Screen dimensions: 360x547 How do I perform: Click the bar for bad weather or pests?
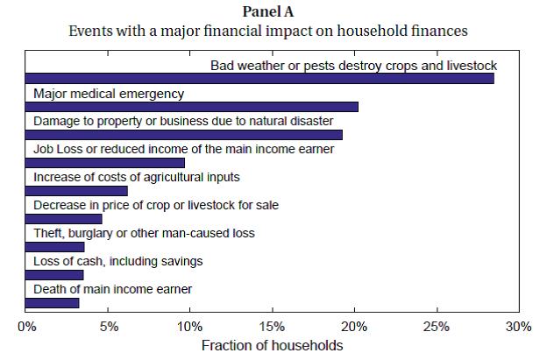pos(259,79)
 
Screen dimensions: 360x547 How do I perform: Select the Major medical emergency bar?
pos(192,107)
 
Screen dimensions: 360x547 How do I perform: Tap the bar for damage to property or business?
pos(184,135)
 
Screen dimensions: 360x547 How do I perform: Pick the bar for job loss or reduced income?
pos(105,163)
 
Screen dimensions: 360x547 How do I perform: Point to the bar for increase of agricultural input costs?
pos(77,191)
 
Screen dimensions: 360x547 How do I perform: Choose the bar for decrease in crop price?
pos(64,219)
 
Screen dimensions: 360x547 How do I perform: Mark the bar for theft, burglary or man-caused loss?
pos(55,247)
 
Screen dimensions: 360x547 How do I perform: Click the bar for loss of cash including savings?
pos(54,275)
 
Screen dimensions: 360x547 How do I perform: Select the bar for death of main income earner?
pos(53,303)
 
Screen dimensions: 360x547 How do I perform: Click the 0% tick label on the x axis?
pos(26,327)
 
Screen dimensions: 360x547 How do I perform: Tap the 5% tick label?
pos(108,327)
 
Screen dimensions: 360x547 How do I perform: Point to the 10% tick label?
pos(190,327)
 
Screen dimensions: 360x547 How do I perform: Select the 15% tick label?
pos(273,327)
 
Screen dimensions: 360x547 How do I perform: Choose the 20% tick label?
pos(354,327)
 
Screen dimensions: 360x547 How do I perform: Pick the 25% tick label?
pos(437,327)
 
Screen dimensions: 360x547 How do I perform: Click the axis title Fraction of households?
pos(273,345)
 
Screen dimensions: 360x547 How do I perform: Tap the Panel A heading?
pos(273,12)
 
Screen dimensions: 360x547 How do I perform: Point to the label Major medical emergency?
pos(109,94)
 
